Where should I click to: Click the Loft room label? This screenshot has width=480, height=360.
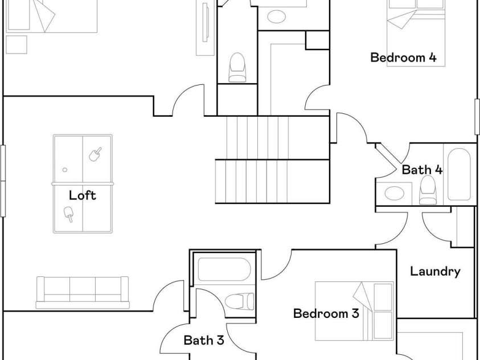(x=83, y=195)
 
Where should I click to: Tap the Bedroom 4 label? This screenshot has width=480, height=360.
(x=403, y=57)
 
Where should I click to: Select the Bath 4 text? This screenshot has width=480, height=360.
(x=422, y=170)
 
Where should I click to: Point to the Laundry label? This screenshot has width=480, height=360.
(x=435, y=272)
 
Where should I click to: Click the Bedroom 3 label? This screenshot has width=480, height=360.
(x=326, y=313)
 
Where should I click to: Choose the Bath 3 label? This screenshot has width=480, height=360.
(x=204, y=340)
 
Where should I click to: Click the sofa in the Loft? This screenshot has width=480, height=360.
(x=83, y=293)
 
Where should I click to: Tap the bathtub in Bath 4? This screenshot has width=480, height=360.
(x=459, y=174)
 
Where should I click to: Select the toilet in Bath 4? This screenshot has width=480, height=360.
(x=428, y=190)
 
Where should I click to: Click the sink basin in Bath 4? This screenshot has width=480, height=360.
(x=394, y=193)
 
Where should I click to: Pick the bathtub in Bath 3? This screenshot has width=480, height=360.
(x=224, y=269)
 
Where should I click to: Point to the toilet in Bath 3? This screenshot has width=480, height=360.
(x=239, y=301)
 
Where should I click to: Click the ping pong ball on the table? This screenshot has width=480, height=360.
(x=65, y=170)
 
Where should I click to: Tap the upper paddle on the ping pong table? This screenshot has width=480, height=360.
(x=95, y=154)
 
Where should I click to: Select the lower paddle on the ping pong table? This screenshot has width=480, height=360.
(x=68, y=214)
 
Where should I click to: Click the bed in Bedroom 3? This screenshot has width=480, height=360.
(x=355, y=311)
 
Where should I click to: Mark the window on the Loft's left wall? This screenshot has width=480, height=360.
(x=3, y=181)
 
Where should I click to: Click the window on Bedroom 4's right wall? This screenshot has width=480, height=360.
(x=477, y=117)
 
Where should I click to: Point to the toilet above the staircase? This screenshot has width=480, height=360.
(x=237, y=67)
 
